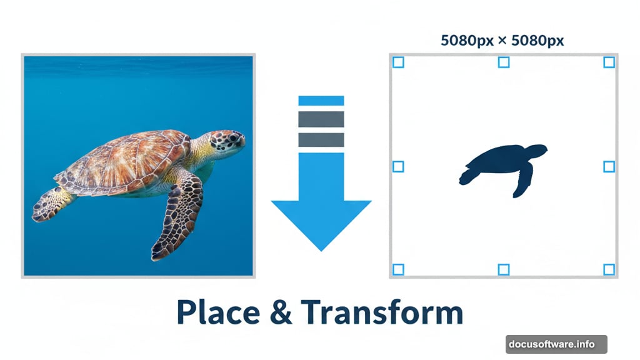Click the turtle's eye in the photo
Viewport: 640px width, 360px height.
point(232,137)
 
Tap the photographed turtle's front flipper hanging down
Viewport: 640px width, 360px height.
point(177,216)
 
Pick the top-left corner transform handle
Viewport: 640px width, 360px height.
point(398,62)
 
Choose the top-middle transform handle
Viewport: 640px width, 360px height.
point(504,62)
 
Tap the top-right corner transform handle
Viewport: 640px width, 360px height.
point(609,62)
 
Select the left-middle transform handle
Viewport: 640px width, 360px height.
point(398,166)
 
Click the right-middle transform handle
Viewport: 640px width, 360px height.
point(609,166)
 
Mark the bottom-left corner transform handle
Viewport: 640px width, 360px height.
point(398,269)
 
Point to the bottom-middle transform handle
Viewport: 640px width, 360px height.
point(504,269)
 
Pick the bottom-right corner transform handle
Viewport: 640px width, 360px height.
point(609,269)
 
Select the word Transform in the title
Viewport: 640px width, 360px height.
point(381,312)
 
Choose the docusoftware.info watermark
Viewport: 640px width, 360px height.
point(556,344)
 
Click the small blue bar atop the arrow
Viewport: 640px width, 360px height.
point(321,101)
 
